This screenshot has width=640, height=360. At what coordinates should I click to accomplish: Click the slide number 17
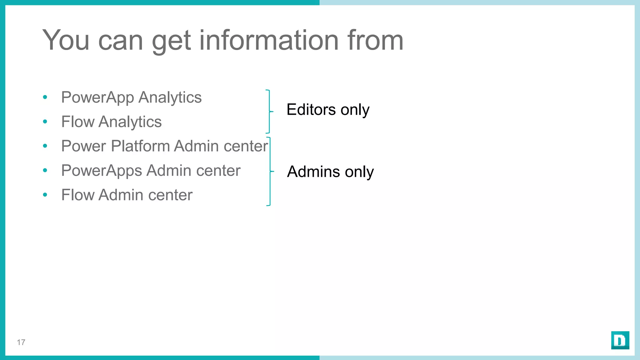[21, 342]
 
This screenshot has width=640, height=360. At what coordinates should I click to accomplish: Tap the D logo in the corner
[620, 340]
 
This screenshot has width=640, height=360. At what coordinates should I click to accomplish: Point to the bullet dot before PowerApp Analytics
[45, 97]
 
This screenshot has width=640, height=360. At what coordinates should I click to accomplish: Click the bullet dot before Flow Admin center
[45, 195]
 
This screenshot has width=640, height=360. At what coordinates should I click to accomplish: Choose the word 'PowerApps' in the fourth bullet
[102, 171]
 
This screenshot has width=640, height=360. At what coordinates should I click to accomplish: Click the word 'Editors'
[311, 110]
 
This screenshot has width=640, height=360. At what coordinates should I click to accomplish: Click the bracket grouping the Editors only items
[269, 111]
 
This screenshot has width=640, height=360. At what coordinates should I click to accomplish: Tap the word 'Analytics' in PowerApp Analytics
[170, 97]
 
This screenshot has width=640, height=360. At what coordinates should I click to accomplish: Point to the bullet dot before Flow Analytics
[45, 122]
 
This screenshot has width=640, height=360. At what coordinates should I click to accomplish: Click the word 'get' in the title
[171, 41]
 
